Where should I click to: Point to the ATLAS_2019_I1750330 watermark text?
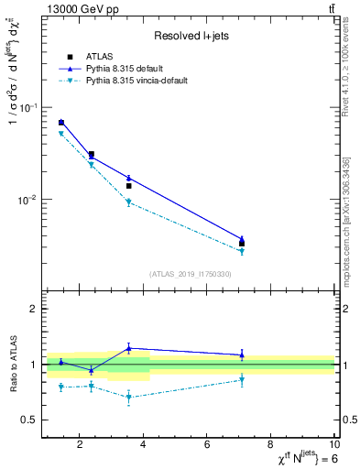click(x=191, y=274)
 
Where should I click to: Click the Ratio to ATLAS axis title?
click(x=15, y=364)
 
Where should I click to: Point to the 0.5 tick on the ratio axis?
click(x=30, y=420)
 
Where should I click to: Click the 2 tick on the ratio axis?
click(x=34, y=309)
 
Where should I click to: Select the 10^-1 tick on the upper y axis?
click(x=28, y=107)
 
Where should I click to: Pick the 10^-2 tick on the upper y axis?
click(x=28, y=200)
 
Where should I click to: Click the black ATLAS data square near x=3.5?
click(x=129, y=186)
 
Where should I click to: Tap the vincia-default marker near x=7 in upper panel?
click(x=242, y=251)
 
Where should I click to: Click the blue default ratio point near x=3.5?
click(x=129, y=348)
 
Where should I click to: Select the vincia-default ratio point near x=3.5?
click(x=129, y=398)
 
